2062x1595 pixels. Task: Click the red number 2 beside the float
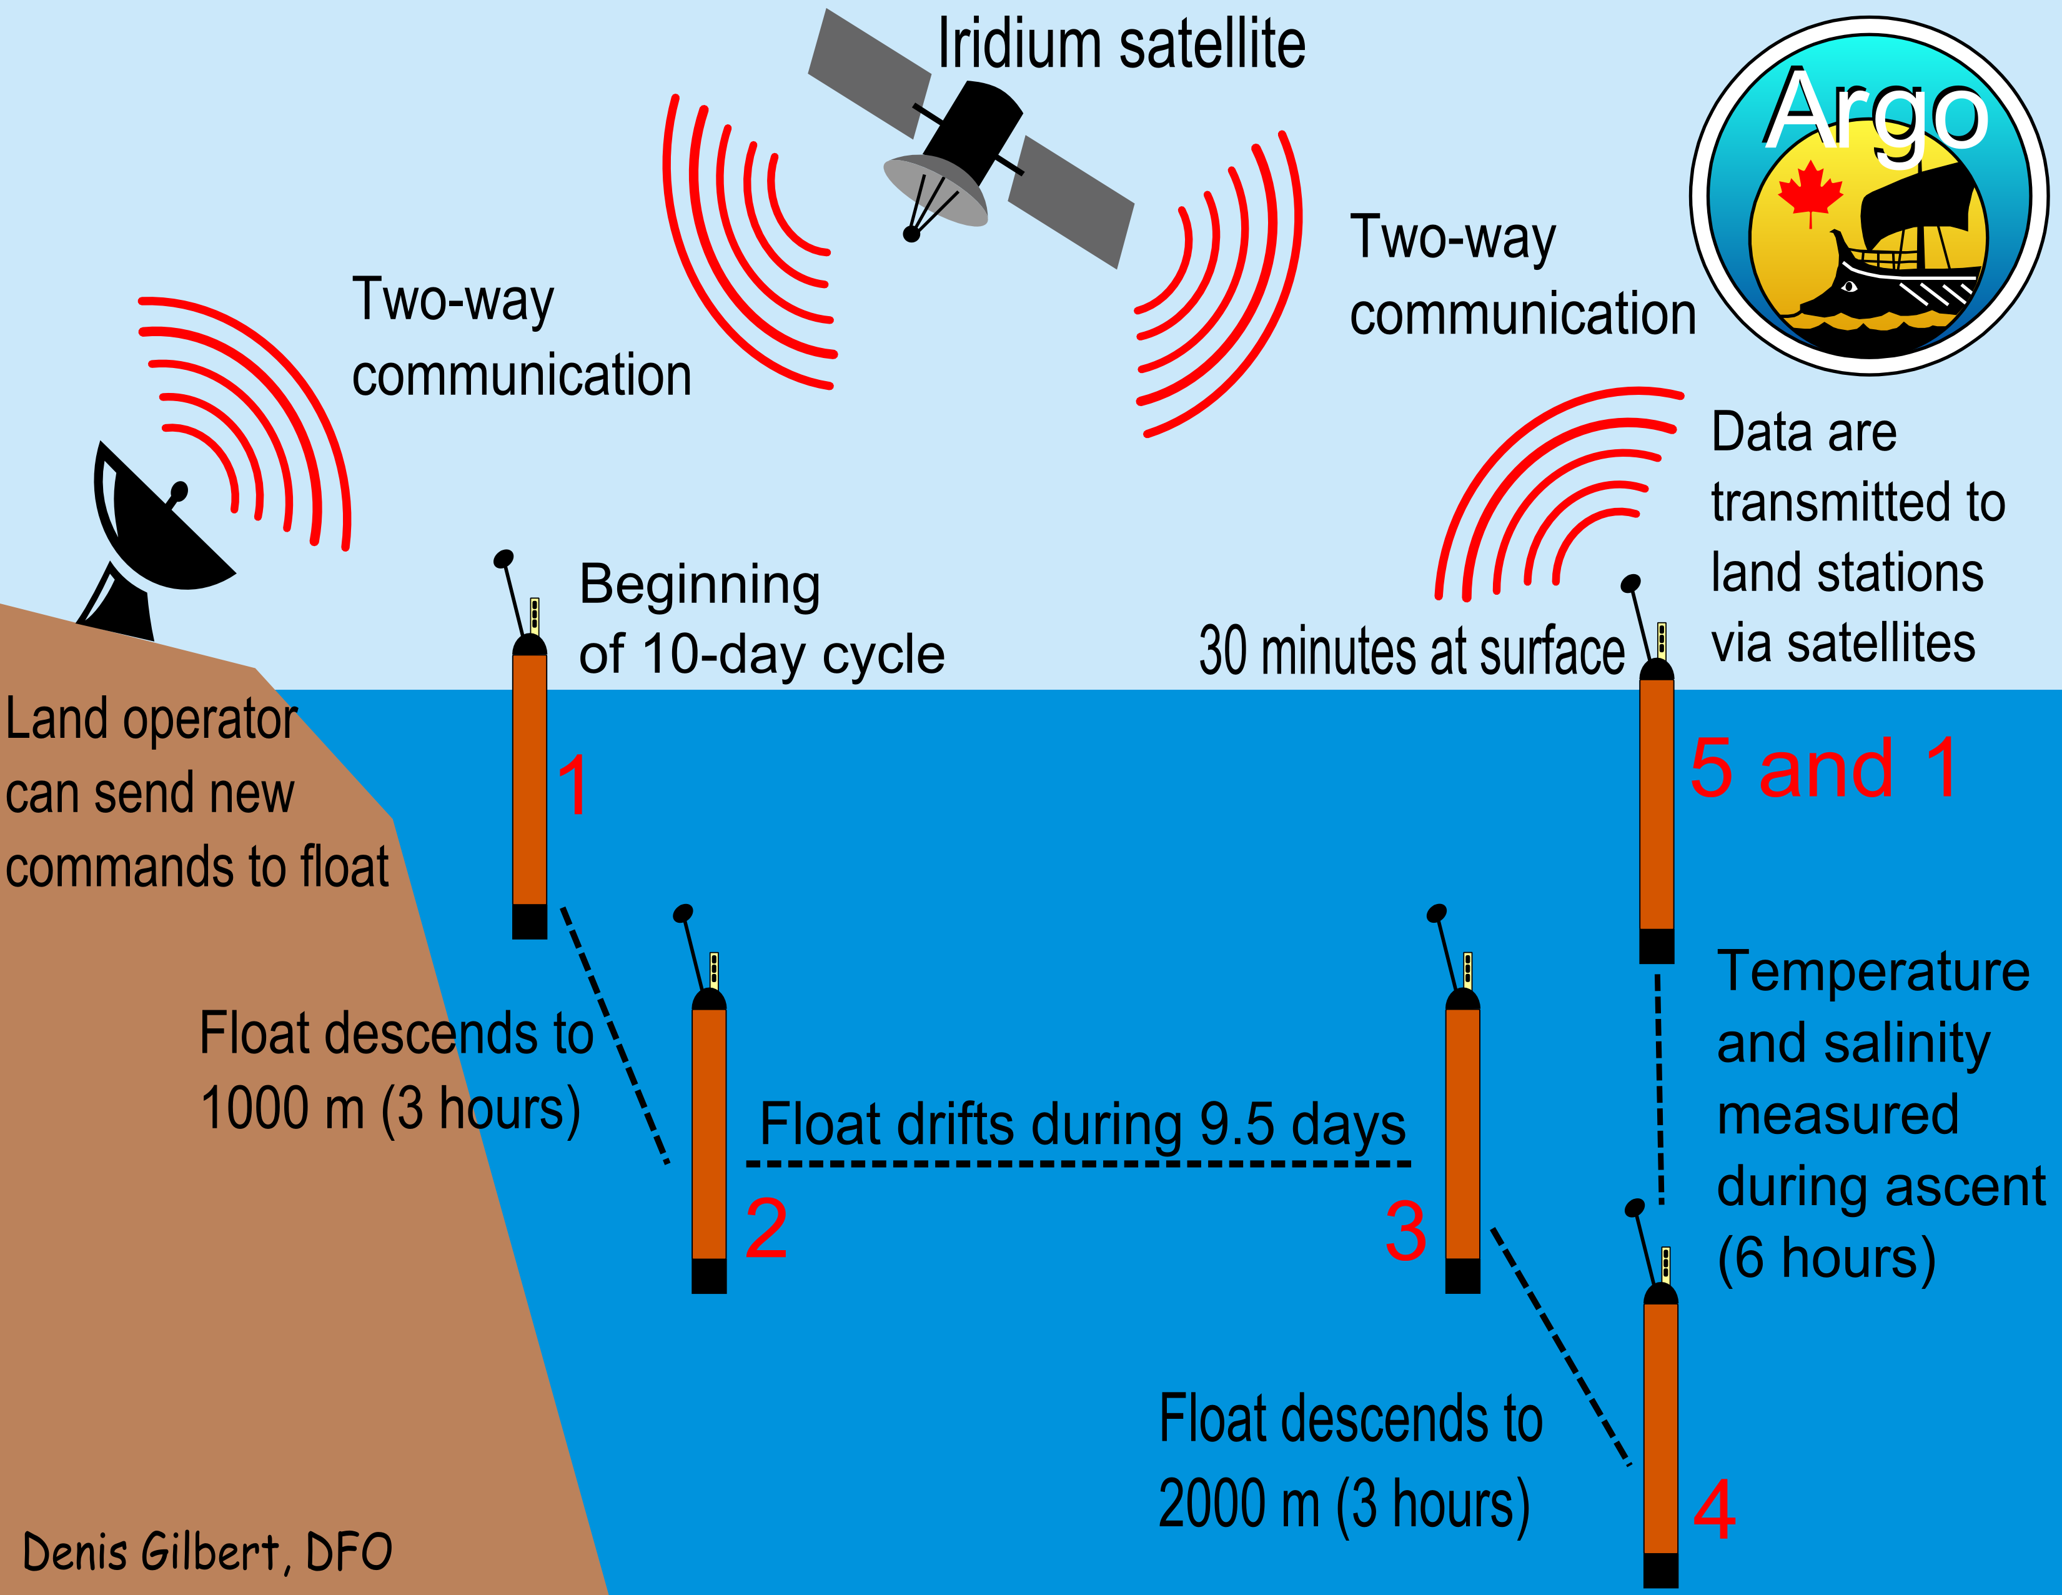pyautogui.click(x=766, y=1229)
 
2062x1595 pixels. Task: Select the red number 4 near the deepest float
pyautogui.click(x=1713, y=1510)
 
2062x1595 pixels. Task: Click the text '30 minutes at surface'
pyautogui.click(x=1412, y=652)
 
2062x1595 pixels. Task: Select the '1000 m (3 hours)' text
pyautogui.click(x=390, y=1109)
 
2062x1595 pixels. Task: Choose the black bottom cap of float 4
pyautogui.click(x=1661, y=1569)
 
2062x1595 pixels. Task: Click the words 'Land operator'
pyautogui.click(x=151, y=720)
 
